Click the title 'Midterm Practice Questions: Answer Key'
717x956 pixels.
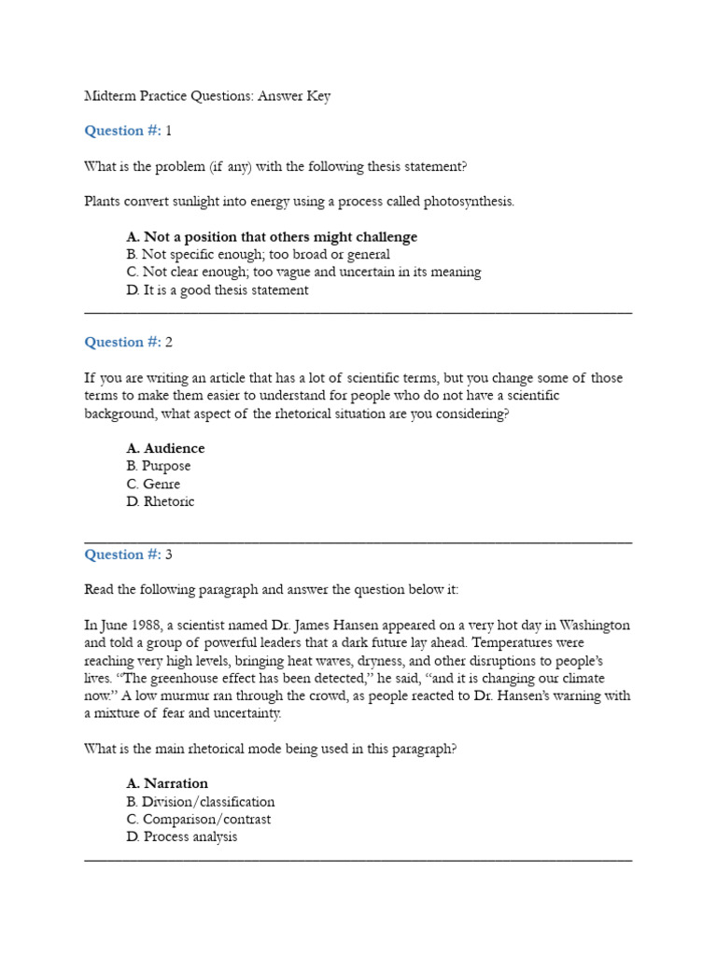click(x=207, y=96)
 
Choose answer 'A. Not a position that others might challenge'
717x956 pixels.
click(x=272, y=237)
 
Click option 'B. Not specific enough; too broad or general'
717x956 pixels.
click(x=258, y=255)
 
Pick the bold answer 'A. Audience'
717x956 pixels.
click(x=165, y=448)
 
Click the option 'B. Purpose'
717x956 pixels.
click(x=159, y=466)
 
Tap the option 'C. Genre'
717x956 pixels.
click(x=153, y=485)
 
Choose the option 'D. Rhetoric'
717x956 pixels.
click(x=161, y=501)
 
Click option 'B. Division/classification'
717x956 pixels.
click(x=201, y=802)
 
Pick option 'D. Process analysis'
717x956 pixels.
click(x=182, y=836)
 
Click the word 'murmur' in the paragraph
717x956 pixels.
click(x=174, y=696)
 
